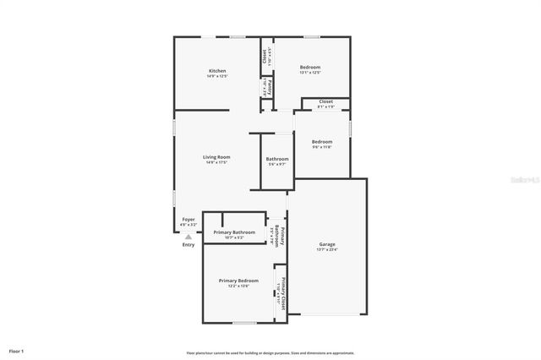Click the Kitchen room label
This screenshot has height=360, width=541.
pyautogui.click(x=217, y=69)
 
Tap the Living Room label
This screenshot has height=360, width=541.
pyautogui.click(x=217, y=156)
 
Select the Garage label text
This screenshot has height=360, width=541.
pyautogui.click(x=327, y=243)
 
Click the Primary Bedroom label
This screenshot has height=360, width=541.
pyautogui.click(x=238, y=281)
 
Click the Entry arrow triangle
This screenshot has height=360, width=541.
pyautogui.click(x=189, y=237)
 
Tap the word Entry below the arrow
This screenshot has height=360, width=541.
pyautogui.click(x=189, y=245)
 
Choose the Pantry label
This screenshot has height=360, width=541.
pyautogui.click(x=268, y=87)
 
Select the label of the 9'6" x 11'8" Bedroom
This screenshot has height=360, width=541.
pyautogui.click(x=322, y=141)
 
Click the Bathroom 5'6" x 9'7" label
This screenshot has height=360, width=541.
pyautogui.click(x=277, y=159)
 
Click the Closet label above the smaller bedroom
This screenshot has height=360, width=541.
pyautogui.click(x=325, y=101)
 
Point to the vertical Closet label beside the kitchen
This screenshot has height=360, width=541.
pyautogui.click(x=265, y=57)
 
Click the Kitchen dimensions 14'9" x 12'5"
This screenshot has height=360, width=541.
pyautogui.click(x=217, y=76)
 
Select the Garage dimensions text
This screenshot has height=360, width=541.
pyautogui.click(x=327, y=249)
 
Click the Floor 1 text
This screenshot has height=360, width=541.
pyautogui.click(x=16, y=350)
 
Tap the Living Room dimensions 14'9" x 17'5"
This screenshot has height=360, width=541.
pyautogui.click(x=217, y=162)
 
